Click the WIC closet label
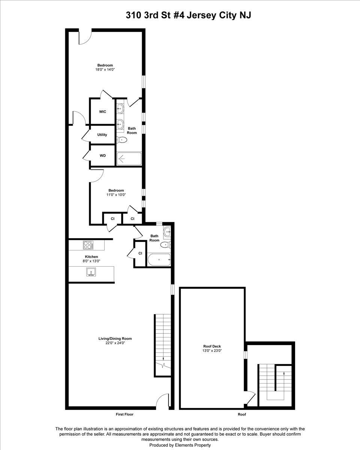102,112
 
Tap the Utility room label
102,135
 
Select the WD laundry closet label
102,156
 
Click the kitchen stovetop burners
88,245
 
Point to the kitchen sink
91,272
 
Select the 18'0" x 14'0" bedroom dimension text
105,69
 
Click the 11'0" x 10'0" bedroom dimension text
116,195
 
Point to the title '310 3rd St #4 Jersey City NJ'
188,15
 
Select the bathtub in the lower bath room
159,259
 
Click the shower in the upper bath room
129,159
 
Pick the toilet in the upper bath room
122,139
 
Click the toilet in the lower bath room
166,244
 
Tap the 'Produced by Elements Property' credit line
180,445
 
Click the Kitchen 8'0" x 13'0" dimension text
91,261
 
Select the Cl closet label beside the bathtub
140,253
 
